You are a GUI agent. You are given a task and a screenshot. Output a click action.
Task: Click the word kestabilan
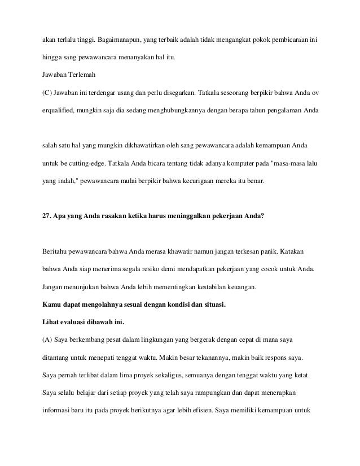point(211,286)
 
